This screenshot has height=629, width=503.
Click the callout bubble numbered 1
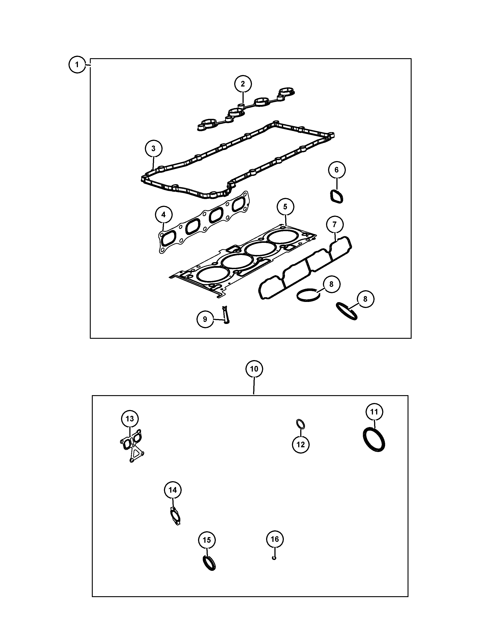pos(77,64)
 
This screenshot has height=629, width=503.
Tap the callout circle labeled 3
pos(153,148)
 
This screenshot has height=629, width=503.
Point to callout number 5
pos(285,206)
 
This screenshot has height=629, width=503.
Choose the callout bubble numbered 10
pos(254,369)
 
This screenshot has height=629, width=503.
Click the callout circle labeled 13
pos(130,419)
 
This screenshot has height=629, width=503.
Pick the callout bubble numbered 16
pos(275,539)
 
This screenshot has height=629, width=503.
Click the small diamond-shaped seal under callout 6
pos(337,196)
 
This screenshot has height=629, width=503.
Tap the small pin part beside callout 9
pos(226,314)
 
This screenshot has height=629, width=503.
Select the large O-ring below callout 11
pos(374,439)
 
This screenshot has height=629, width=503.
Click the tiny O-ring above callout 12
pos(300,424)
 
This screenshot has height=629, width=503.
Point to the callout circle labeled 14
pos(173,490)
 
